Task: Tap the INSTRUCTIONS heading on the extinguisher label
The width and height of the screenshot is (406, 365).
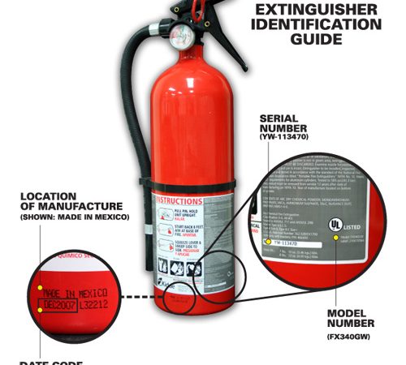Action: [187, 200]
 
